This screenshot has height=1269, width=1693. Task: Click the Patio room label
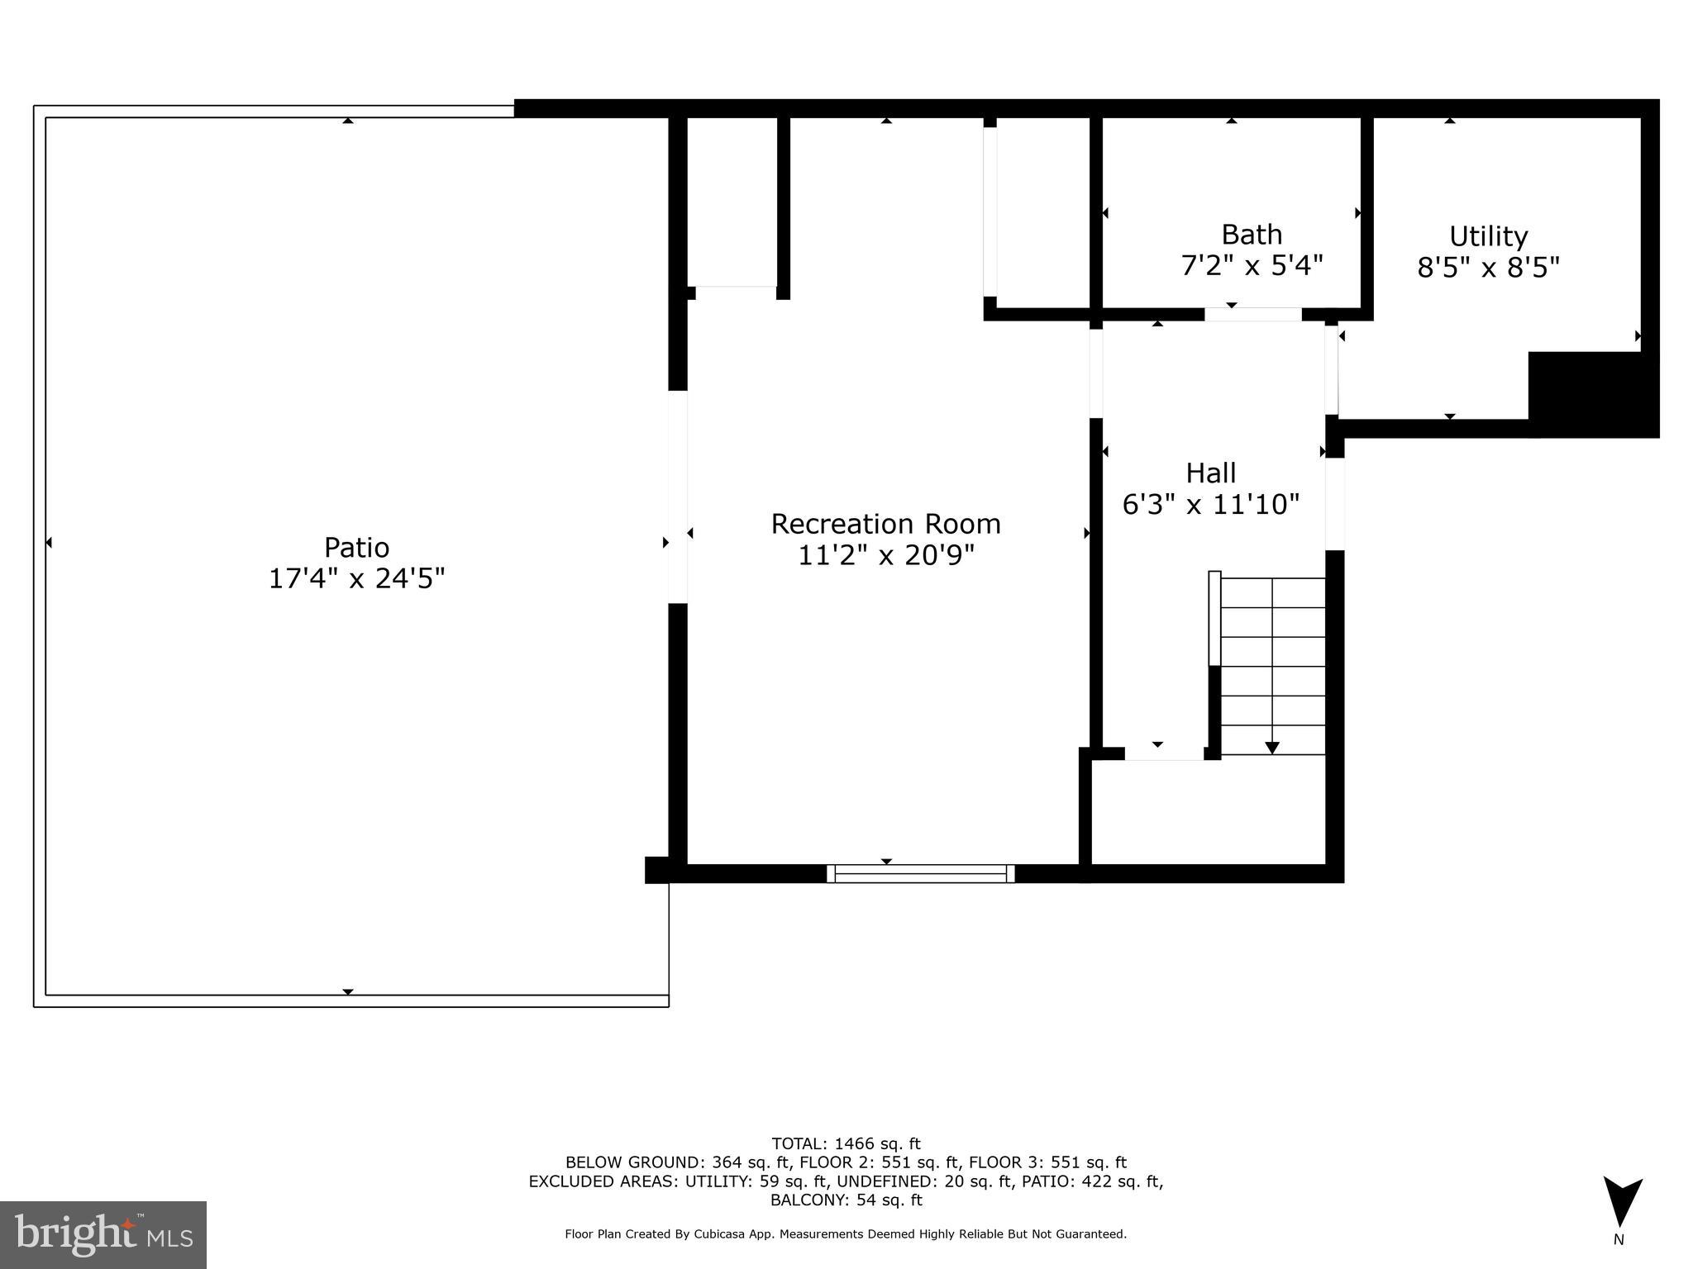(356, 548)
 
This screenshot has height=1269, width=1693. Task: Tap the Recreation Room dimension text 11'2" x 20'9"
(886, 555)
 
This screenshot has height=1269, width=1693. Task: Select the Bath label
(1252, 235)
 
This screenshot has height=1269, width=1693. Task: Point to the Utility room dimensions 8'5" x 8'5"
(1488, 268)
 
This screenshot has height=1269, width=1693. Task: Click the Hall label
(1211, 473)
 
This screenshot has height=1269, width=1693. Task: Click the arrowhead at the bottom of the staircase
(1272, 748)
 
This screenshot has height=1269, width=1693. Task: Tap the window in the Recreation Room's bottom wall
(921, 873)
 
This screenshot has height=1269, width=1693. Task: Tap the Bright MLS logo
(103, 1234)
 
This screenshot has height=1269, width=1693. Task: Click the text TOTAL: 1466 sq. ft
(846, 1144)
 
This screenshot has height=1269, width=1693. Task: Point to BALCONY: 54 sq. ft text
(846, 1200)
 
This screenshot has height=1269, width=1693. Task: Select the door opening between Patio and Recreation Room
(678, 497)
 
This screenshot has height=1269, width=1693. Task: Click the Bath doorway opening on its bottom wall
(1252, 314)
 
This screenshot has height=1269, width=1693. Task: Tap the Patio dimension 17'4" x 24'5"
(356, 578)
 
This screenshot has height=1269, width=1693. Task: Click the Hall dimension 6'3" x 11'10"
(1211, 505)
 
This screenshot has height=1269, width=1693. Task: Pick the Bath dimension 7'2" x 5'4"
(1252, 266)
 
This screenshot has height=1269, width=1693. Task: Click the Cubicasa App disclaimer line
(846, 1234)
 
